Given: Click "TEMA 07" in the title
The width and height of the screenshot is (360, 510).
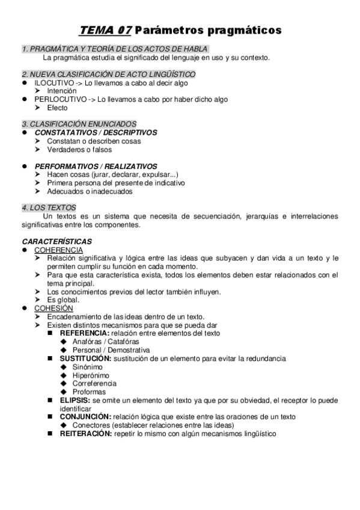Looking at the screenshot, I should tap(106, 29).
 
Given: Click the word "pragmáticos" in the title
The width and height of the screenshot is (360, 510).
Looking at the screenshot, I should tap(239, 30).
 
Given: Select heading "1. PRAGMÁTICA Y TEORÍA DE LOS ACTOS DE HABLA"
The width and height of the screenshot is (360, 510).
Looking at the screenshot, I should tap(115, 49).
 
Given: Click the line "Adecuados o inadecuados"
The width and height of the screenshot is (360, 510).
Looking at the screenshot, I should tap(90, 191).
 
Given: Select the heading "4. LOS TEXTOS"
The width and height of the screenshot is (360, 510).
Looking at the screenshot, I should tap(49, 207).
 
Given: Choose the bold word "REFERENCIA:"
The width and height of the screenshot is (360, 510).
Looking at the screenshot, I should tap(84, 333).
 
